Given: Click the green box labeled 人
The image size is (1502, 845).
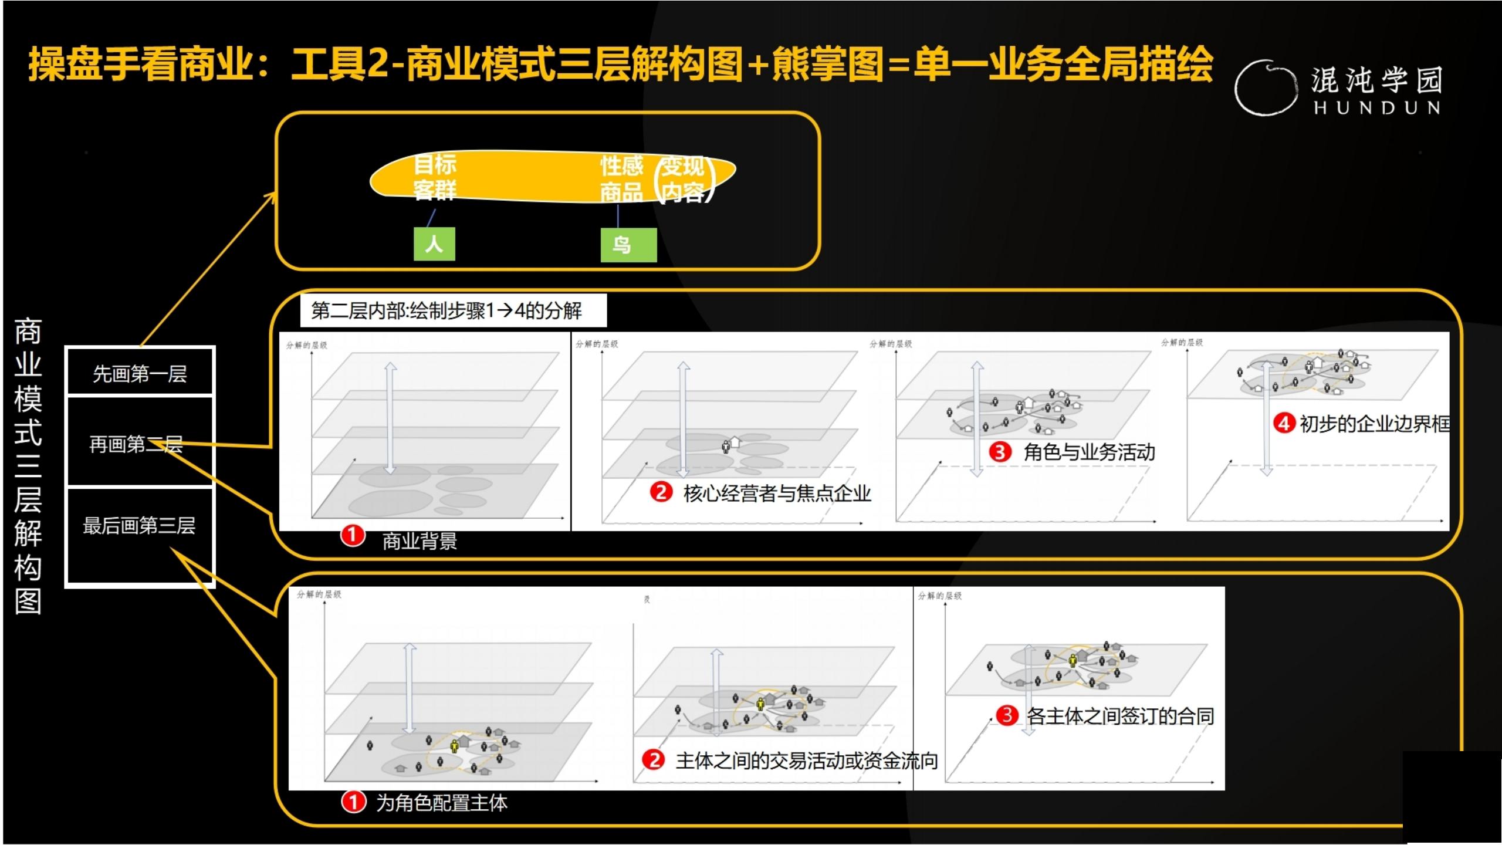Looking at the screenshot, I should [x=434, y=244].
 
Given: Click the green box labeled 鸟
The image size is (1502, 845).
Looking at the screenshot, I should [x=628, y=245].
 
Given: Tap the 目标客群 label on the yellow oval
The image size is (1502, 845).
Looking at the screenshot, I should [x=435, y=177].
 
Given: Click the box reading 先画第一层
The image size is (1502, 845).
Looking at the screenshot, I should [x=140, y=373].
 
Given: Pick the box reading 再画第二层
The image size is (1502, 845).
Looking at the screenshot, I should [x=140, y=444].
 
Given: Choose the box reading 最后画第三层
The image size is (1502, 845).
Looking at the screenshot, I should [x=140, y=526].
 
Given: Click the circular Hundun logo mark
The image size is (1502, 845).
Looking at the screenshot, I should [x=1266, y=88].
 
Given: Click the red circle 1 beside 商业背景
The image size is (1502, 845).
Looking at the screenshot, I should [x=353, y=535].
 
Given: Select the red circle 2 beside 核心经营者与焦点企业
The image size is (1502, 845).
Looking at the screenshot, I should [x=661, y=492].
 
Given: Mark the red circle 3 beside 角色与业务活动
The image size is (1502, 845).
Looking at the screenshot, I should [x=1000, y=451].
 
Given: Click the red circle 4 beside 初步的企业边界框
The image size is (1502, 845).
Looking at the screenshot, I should [x=1284, y=422].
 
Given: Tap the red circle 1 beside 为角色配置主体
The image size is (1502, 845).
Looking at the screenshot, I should [x=354, y=802].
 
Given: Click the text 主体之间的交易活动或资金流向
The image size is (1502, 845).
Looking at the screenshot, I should [x=806, y=760].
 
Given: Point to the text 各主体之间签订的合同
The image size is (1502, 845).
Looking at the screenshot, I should [x=1120, y=716].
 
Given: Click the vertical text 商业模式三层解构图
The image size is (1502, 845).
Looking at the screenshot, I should [x=28, y=466].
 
